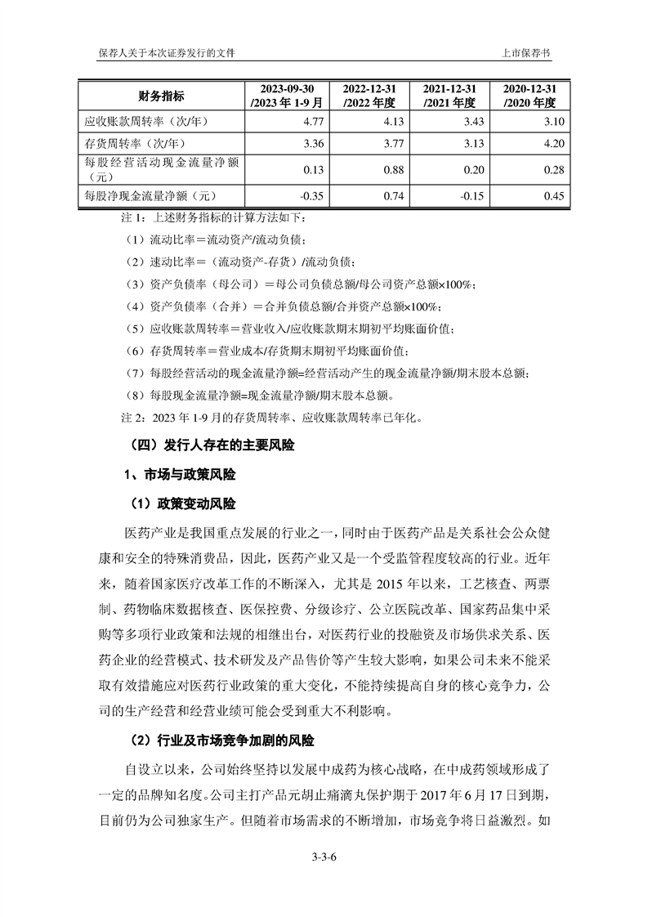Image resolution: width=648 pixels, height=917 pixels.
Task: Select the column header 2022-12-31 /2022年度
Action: point(370,96)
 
